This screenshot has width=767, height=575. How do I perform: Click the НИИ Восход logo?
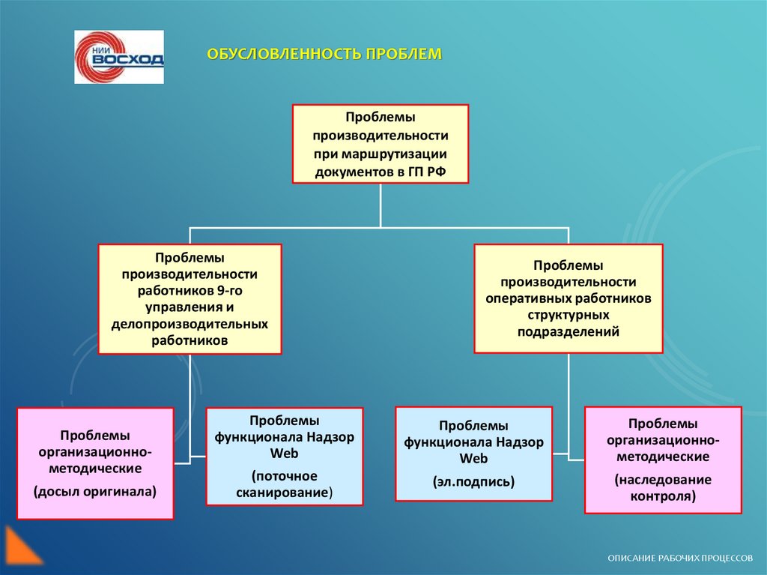(x=118, y=57)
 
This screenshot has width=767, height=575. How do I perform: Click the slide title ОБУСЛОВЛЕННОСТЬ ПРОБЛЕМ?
(x=325, y=55)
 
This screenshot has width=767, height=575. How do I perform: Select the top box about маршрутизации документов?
(x=380, y=144)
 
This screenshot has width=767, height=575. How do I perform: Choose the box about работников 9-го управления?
(x=190, y=298)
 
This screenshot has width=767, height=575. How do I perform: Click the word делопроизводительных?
(x=190, y=324)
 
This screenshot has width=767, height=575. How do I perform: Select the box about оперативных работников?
(x=568, y=298)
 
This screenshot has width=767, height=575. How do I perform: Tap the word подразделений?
(x=568, y=331)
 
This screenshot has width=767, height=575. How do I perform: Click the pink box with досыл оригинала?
(x=95, y=463)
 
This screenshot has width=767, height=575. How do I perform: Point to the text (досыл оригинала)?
(x=95, y=492)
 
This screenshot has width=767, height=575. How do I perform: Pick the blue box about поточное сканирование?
(x=284, y=457)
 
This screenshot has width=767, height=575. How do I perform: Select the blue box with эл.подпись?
(x=473, y=454)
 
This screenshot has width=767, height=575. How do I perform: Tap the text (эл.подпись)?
(x=473, y=482)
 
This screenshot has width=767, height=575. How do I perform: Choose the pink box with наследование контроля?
(x=662, y=460)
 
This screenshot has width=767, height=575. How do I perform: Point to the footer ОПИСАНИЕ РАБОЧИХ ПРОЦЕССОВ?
(x=681, y=559)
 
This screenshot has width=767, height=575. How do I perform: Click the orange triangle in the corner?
(x=19, y=546)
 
